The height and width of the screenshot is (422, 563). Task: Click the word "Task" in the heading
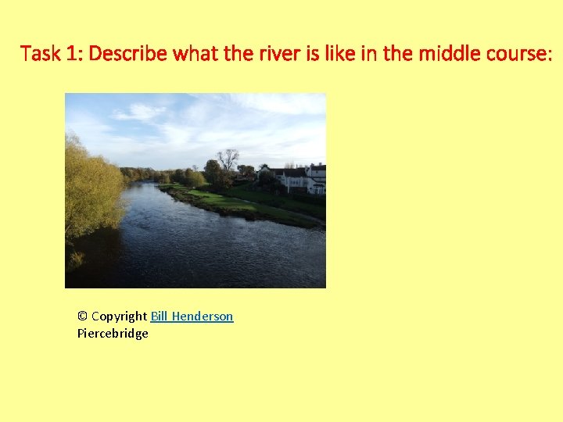tap(37, 54)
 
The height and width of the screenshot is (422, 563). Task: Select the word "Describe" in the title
tap(128, 54)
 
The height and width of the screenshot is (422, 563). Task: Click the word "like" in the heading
tap(326, 54)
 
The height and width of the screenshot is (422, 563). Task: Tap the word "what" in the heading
tap(194, 54)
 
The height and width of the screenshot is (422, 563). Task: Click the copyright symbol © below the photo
tap(82, 316)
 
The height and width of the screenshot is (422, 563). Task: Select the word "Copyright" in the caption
tap(119, 316)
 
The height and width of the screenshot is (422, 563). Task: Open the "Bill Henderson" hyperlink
tap(192, 316)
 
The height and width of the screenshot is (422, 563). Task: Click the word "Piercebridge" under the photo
tap(113, 334)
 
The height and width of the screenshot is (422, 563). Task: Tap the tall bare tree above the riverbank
tap(228, 160)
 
